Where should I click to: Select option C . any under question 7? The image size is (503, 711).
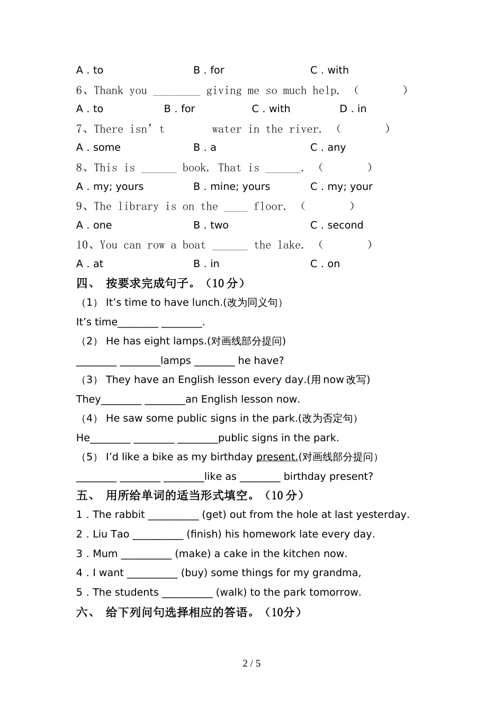(x=328, y=148)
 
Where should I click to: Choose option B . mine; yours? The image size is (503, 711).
(x=231, y=187)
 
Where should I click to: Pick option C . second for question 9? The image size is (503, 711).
(x=337, y=225)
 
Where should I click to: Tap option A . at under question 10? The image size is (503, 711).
(x=90, y=264)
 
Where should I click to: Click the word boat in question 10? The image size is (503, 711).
(x=194, y=245)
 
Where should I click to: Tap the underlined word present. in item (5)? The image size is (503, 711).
(x=277, y=457)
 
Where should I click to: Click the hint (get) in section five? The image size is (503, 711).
(x=214, y=515)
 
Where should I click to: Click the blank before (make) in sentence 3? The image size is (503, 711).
(x=146, y=554)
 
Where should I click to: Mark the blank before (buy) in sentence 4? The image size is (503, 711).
(x=152, y=573)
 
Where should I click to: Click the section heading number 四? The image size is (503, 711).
(x=83, y=284)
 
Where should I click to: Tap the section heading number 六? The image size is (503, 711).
(x=83, y=613)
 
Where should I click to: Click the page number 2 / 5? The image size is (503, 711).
(x=251, y=663)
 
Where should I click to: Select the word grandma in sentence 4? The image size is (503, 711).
(x=337, y=573)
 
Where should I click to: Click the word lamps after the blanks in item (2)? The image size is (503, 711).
(x=176, y=361)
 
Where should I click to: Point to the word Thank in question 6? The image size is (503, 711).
(x=109, y=90)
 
